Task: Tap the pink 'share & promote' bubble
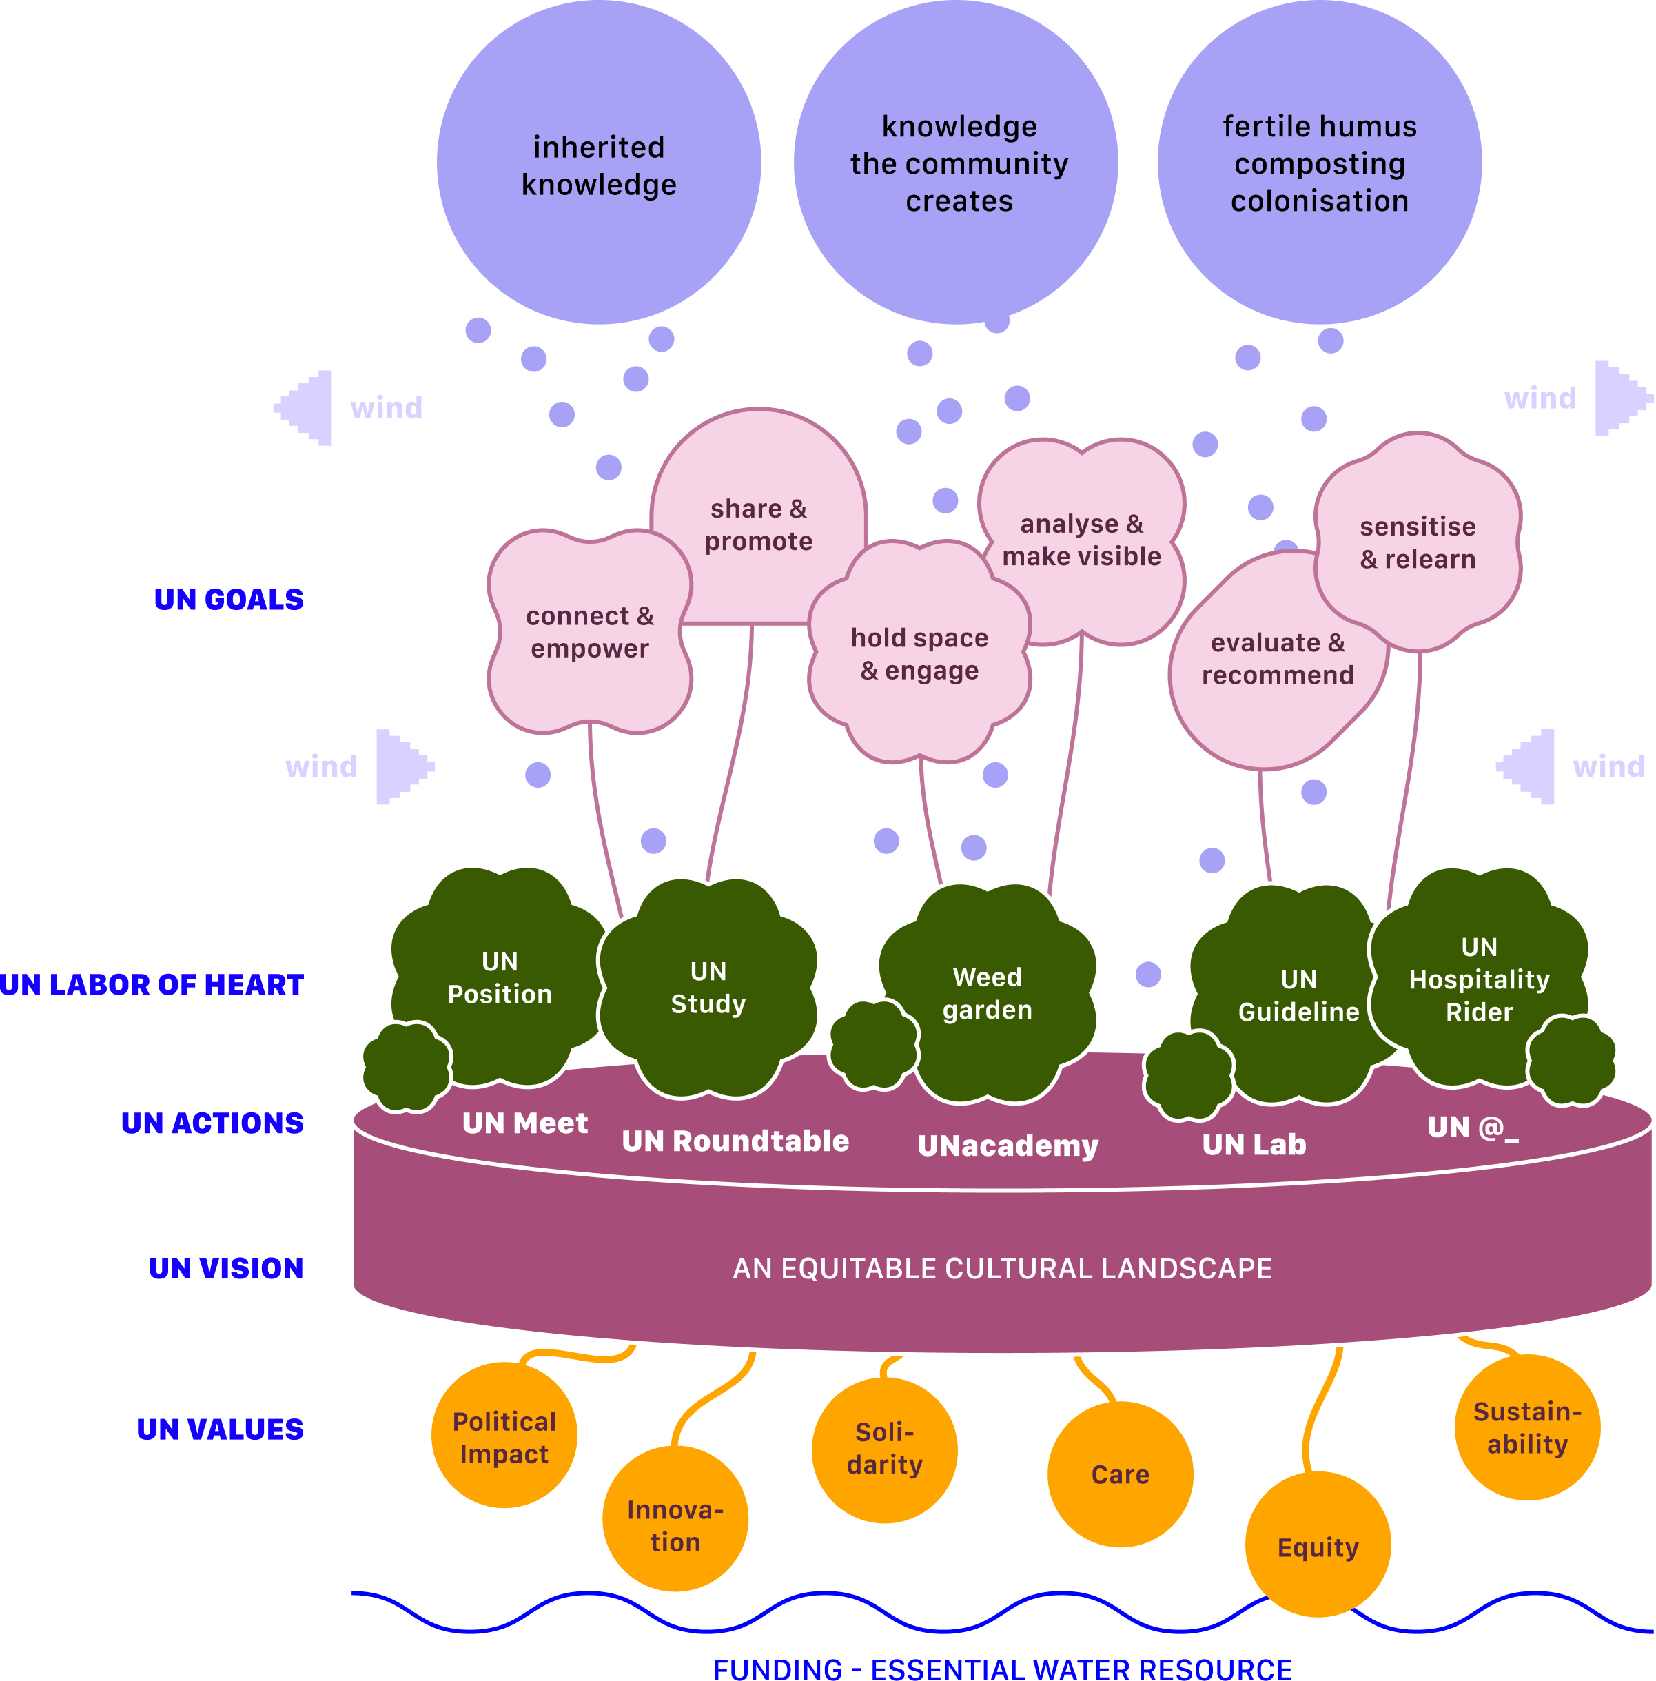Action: click(x=759, y=524)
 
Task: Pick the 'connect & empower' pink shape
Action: click(x=590, y=632)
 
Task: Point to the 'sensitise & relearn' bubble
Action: click(x=1418, y=542)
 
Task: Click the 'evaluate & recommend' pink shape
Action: click(x=1277, y=659)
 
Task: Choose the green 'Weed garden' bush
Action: click(x=987, y=993)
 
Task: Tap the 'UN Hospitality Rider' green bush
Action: click(x=1479, y=979)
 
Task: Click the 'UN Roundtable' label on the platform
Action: click(x=735, y=1141)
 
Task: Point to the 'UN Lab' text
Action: click(x=1254, y=1144)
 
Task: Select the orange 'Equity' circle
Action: click(x=1317, y=1547)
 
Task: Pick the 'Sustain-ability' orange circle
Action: click(x=1526, y=1427)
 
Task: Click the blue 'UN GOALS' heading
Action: click(x=229, y=599)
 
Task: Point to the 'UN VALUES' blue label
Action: click(x=220, y=1429)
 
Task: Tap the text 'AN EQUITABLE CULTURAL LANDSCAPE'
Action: click(x=1002, y=1268)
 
